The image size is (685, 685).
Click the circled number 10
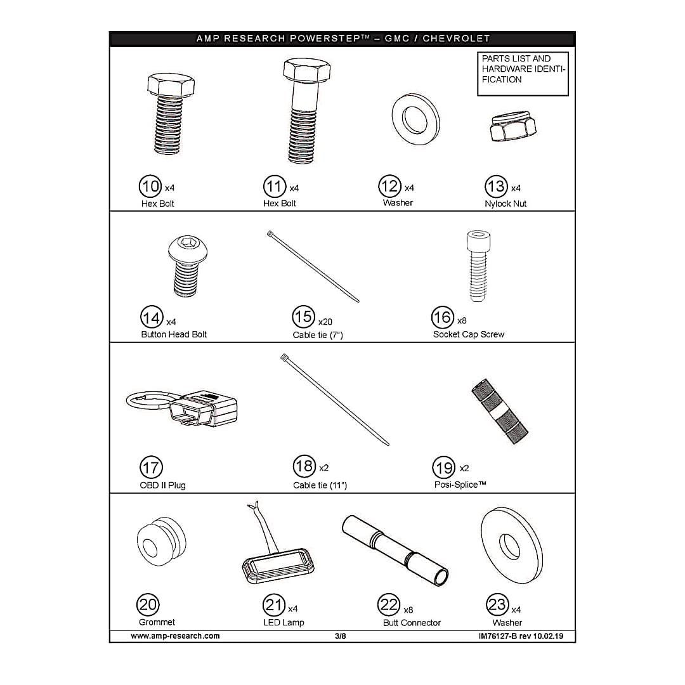tap(150, 186)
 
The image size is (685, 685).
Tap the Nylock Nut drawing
tap(512, 126)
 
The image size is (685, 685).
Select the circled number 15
tap(303, 316)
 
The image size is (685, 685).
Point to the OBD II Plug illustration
tap(182, 408)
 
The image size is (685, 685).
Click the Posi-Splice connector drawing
tap(500, 411)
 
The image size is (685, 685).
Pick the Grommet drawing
tap(161, 542)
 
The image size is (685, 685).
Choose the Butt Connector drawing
tap(395, 551)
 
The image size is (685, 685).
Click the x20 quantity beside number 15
tap(325, 322)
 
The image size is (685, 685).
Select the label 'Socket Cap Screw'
tap(468, 335)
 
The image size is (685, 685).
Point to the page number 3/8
tap(341, 636)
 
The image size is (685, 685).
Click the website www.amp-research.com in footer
tap(175, 636)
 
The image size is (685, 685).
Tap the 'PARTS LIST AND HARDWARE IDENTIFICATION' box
tap(523, 74)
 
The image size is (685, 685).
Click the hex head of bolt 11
tap(307, 70)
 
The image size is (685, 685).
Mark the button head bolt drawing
tap(188, 266)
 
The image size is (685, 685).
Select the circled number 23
tap(498, 604)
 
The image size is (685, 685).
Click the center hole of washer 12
tap(415, 119)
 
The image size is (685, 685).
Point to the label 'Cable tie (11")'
tap(320, 485)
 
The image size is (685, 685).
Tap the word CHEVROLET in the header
tap(456, 39)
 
